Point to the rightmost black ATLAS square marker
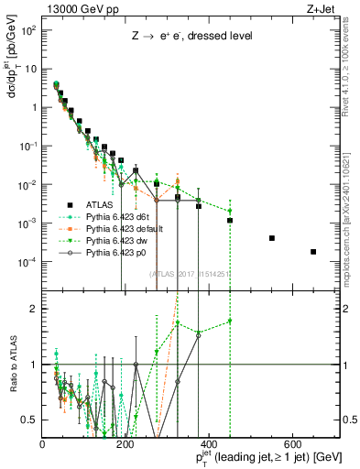[x=313, y=252]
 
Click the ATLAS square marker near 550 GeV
[x=271, y=238]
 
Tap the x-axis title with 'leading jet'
[x=264, y=457]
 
